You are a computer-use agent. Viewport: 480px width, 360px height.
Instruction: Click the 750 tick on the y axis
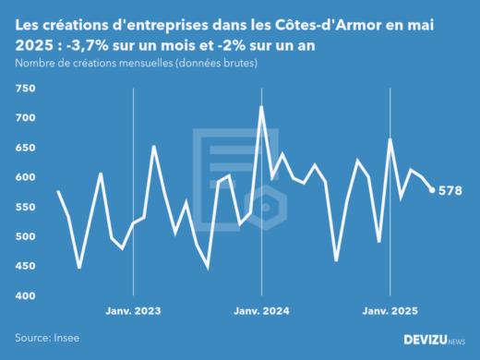coord(25,89)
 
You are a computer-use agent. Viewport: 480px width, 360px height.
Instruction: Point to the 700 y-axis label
coord(25,118)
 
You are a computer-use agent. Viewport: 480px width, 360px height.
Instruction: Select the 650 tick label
coord(25,148)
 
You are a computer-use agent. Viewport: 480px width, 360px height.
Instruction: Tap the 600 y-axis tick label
coord(25,177)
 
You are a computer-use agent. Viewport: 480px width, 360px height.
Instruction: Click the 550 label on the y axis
coord(25,207)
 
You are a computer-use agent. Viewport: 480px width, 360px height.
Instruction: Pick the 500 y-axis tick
coord(25,236)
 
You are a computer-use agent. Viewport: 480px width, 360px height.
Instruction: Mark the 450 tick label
coord(25,266)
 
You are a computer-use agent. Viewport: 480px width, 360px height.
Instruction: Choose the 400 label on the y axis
coord(25,295)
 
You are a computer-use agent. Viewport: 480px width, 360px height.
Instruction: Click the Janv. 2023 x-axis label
coord(134,311)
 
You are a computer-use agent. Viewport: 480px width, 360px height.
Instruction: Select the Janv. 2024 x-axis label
coord(262,311)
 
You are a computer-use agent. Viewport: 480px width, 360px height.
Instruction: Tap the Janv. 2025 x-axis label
coord(390,311)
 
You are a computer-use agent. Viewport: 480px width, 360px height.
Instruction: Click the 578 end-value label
coord(450,191)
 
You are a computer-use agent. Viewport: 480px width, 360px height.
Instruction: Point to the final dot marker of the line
coord(432,190)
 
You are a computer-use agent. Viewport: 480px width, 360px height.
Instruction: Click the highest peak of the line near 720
coord(261,107)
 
